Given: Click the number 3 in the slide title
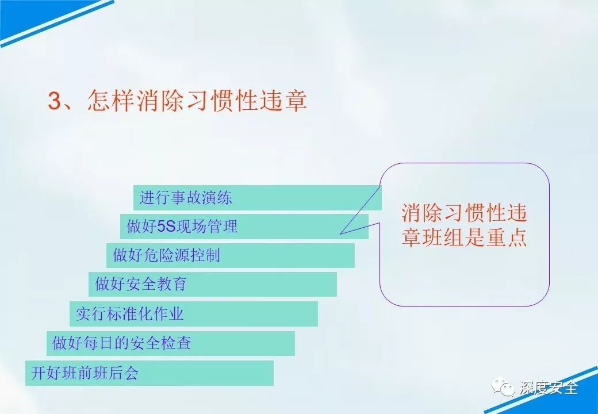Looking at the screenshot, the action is tap(55, 101).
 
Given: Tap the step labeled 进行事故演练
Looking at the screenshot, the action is tap(258, 198).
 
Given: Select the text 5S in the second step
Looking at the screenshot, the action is tap(166, 227).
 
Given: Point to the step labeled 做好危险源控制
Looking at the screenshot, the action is tap(231, 255).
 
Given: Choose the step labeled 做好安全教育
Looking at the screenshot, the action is tap(212, 284).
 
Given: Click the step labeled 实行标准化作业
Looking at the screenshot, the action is tap(193, 314).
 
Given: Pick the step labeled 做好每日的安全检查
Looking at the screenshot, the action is tap(170, 343).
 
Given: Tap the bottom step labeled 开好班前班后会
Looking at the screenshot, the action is tap(149, 373).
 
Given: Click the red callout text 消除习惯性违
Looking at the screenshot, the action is tap(464, 213).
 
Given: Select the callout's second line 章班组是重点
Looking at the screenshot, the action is tap(464, 237).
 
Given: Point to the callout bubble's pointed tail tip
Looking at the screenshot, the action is tap(340, 233).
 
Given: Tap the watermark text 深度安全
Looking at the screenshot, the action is tap(549, 388).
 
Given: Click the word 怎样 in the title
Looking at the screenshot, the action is tap(111, 101).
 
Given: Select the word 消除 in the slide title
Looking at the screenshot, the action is tap(160, 101).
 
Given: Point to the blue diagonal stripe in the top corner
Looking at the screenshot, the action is tap(57, 23).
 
